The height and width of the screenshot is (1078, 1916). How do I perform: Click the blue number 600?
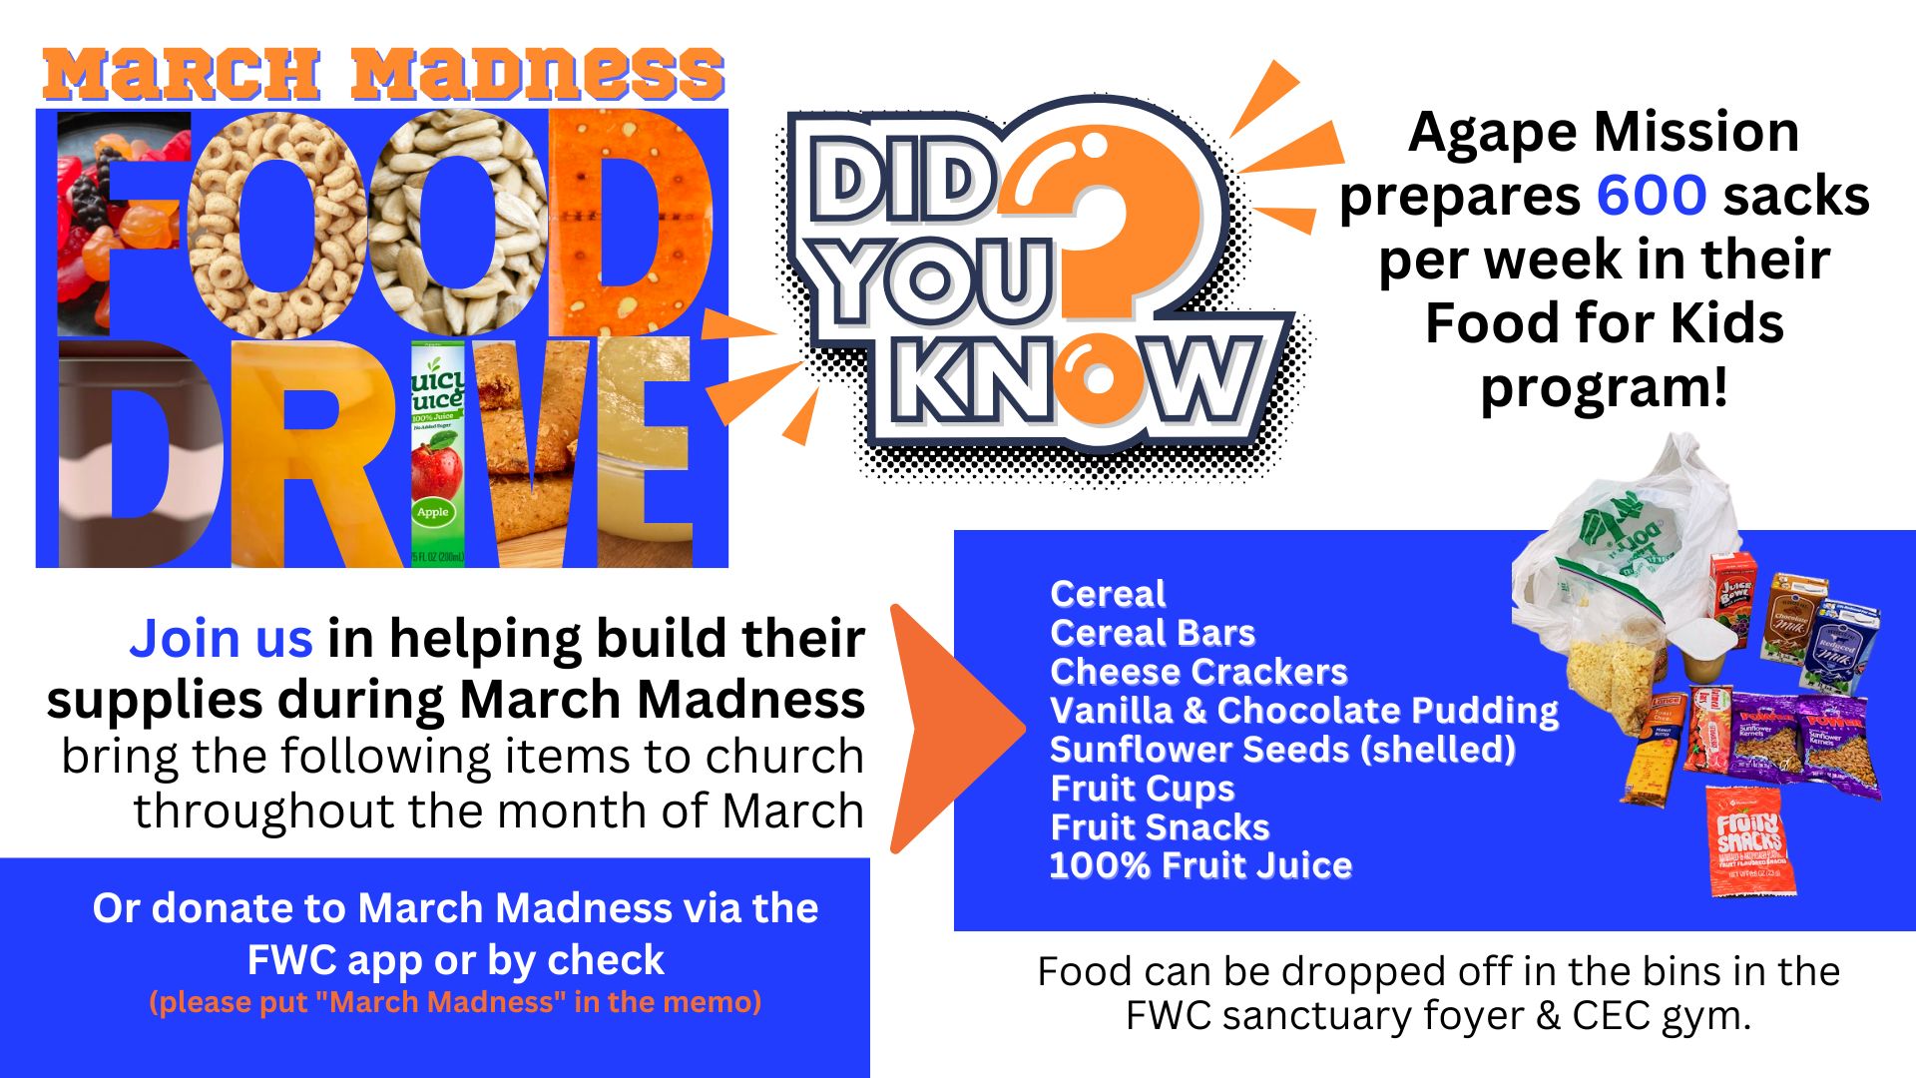(1652, 195)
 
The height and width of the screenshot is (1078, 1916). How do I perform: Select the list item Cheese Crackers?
(1198, 672)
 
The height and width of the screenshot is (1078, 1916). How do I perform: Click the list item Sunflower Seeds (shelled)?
(1283, 750)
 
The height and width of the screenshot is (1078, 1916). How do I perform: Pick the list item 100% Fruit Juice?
(1201, 865)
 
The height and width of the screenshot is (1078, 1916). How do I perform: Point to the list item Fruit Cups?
(1143, 789)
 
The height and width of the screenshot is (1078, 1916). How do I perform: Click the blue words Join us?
(221, 639)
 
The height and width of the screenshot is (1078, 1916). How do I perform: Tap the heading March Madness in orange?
(383, 74)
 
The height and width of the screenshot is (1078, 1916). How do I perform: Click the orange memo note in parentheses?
(455, 1001)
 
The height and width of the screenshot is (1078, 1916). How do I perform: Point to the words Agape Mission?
(1604, 132)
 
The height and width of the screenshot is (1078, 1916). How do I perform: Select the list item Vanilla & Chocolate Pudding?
(1304, 711)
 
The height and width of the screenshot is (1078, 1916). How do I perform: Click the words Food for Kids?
(1604, 323)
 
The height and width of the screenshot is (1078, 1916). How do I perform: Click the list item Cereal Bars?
(1153, 633)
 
